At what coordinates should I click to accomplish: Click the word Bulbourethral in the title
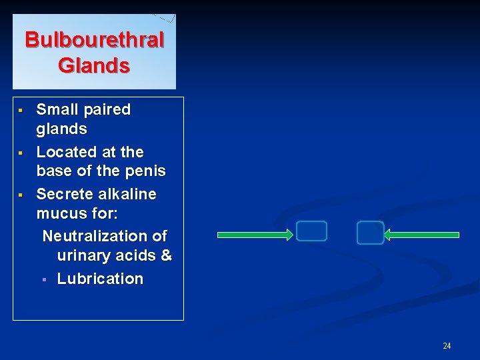pos(94,40)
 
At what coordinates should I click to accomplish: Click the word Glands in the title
pos(94,66)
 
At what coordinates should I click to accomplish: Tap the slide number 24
pos(447,345)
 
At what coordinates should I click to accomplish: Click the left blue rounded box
pos(311,231)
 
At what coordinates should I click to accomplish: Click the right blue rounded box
pos(370,233)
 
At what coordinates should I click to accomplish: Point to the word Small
pos(55,109)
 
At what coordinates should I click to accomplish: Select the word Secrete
pos(63,194)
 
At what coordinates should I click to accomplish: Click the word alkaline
pos(125,194)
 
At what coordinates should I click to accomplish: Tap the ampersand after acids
pos(165,255)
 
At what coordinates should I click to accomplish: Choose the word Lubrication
pos(100,279)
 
